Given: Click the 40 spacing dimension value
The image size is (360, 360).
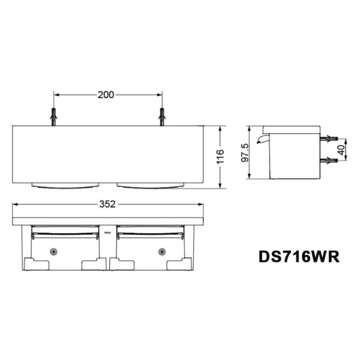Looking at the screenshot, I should click(x=341, y=150).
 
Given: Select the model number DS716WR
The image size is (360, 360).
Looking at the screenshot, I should click(x=299, y=256).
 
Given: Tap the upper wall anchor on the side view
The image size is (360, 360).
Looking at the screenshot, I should click(x=328, y=139).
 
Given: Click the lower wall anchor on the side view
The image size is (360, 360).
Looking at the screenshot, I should click(x=328, y=161).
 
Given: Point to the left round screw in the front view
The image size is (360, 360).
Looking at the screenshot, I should click(x=55, y=251).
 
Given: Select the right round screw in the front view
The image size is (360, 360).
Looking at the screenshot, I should click(x=161, y=251).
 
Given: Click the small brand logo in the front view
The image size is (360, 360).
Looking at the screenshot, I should click(x=108, y=230).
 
